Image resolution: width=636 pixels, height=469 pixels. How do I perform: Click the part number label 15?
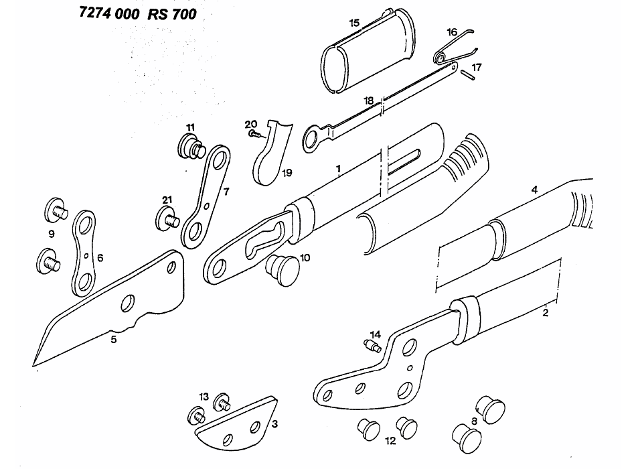pyautogui.click(x=354, y=22)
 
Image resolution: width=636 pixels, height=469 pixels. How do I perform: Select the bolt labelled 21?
pyautogui.click(x=167, y=218)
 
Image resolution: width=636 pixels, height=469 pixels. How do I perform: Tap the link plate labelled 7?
pyautogui.click(x=206, y=195)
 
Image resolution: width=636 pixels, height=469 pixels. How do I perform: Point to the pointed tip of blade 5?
pyautogui.click(x=36, y=362)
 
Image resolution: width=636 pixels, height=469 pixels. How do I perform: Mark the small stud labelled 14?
pyautogui.click(x=372, y=346)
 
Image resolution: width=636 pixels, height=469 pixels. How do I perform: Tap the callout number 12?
pyautogui.click(x=390, y=441)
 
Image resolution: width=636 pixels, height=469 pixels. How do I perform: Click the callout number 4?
pyautogui.click(x=534, y=190)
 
